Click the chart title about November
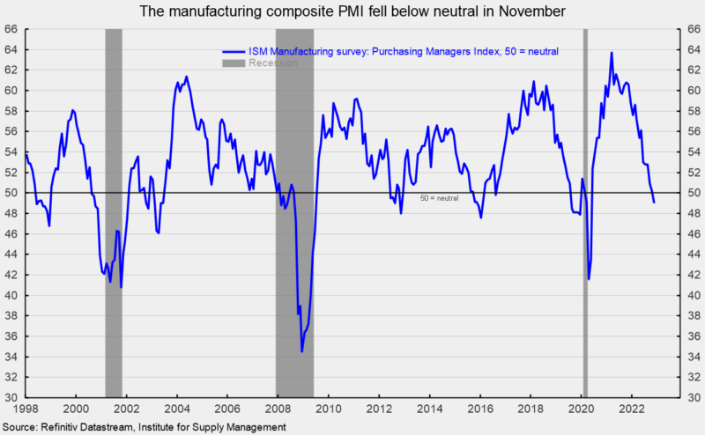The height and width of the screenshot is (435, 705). (352, 11)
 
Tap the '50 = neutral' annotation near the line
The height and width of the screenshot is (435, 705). (439, 198)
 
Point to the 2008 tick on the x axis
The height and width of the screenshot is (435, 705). (278, 409)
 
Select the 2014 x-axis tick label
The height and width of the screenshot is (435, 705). (430, 409)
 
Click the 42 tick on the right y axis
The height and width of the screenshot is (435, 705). (694, 275)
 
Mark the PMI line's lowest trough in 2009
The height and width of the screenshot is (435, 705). (302, 351)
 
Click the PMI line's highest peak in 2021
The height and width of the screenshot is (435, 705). (612, 53)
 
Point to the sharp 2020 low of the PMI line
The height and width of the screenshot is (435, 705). (588, 278)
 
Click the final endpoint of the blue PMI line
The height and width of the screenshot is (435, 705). (654, 203)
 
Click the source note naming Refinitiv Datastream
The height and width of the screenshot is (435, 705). (145, 427)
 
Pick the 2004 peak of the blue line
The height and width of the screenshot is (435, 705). (186, 77)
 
